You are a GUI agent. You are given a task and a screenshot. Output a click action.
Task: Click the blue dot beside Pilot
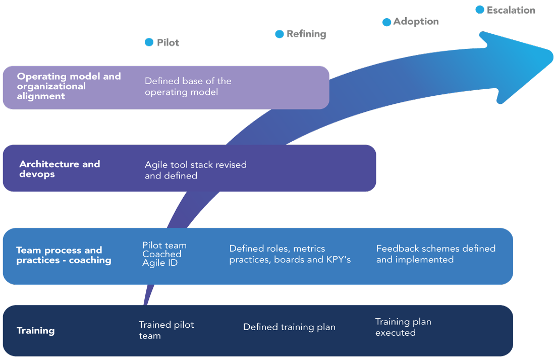click(149, 42)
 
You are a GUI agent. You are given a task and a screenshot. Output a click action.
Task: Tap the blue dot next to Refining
click(279, 34)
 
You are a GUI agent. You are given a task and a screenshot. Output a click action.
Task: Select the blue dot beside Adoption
click(386, 22)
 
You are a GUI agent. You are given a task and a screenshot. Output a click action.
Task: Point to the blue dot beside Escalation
click(480, 10)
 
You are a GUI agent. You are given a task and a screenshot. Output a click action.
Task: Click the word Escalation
click(511, 10)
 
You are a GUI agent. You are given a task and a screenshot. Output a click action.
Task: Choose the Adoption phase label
click(416, 22)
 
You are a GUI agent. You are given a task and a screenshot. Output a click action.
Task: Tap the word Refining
click(306, 34)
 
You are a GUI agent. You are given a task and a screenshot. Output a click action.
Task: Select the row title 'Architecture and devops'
click(60, 169)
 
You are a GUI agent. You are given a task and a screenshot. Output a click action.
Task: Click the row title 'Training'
click(36, 331)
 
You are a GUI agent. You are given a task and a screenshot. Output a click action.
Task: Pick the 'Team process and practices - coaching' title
click(64, 255)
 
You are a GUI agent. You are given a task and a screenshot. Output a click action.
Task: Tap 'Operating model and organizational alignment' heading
click(69, 86)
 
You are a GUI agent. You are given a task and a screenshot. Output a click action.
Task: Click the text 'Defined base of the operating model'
click(188, 86)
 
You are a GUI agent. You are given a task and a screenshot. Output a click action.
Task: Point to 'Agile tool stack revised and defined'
click(195, 170)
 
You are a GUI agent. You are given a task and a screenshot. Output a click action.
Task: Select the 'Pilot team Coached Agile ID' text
click(164, 254)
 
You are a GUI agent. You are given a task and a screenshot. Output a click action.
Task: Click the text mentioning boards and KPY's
click(290, 254)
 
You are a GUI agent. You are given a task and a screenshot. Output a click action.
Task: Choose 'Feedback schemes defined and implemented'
click(435, 254)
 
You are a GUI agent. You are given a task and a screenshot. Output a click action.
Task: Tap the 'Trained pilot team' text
click(166, 330)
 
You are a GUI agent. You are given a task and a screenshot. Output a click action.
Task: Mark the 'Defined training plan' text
click(289, 327)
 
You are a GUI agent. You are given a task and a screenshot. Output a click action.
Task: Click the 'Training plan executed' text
click(403, 327)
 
